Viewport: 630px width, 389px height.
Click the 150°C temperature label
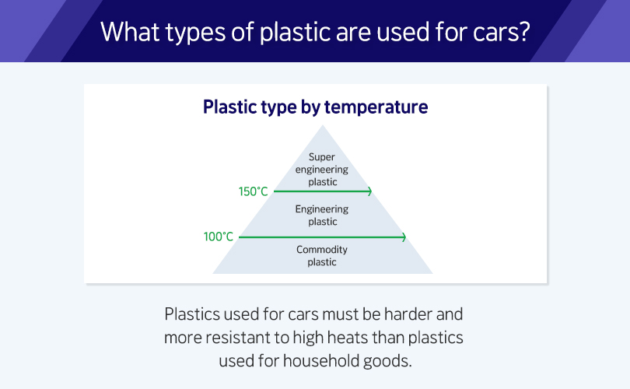click(x=253, y=191)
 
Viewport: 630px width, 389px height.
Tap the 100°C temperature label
click(x=219, y=237)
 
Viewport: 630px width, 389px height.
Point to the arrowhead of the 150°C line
click(x=369, y=191)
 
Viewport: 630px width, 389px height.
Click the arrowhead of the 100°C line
click(x=404, y=237)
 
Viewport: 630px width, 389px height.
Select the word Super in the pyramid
click(x=322, y=156)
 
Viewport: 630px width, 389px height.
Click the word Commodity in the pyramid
click(x=322, y=250)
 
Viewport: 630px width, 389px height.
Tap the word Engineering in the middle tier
click(x=322, y=209)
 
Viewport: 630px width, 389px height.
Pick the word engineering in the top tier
click(x=322, y=170)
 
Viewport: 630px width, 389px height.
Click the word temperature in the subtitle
click(x=376, y=107)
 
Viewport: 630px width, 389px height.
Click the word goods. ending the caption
click(x=388, y=361)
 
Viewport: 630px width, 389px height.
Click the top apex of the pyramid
click(x=323, y=125)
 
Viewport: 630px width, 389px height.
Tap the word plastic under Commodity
click(x=322, y=262)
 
